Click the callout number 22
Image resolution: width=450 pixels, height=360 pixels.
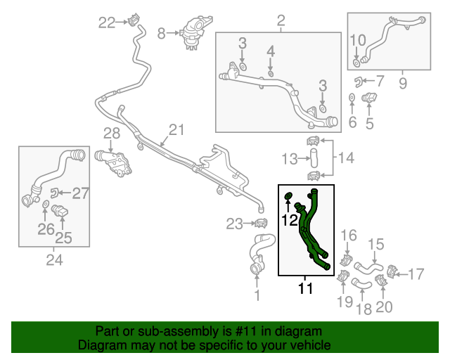(107, 23)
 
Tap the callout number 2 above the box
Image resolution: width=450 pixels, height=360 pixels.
(280, 20)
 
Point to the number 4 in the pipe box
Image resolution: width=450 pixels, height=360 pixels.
(271, 51)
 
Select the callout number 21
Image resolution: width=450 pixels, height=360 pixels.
(175, 129)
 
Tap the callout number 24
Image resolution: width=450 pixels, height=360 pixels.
(54, 260)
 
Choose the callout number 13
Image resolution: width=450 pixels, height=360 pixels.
(290, 158)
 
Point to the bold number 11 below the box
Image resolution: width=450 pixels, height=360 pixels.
(305, 288)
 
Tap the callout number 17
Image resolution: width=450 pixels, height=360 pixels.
(416, 273)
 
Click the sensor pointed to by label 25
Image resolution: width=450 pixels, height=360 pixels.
(61, 212)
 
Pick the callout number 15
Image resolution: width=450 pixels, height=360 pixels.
(376, 244)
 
